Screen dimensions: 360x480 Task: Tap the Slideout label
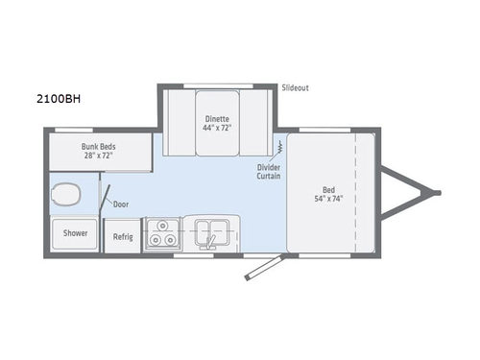click(x=295, y=88)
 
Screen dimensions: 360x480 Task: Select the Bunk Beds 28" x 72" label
click(x=98, y=151)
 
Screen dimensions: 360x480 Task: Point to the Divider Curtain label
click(x=268, y=171)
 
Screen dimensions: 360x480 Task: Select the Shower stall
click(x=75, y=233)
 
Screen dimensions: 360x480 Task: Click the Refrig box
click(x=122, y=236)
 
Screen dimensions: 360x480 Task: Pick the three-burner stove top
click(x=160, y=234)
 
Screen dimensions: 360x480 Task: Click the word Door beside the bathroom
click(x=120, y=204)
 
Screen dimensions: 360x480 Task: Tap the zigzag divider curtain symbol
click(x=279, y=148)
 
